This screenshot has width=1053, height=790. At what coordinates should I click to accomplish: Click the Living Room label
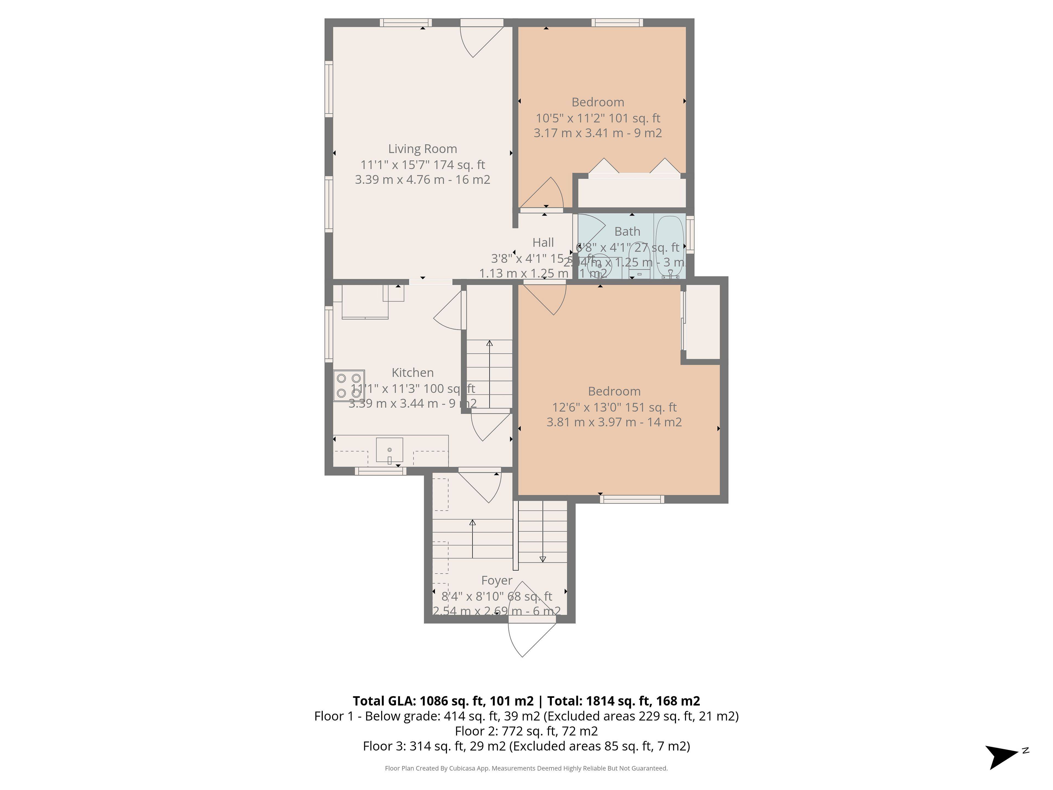(x=422, y=149)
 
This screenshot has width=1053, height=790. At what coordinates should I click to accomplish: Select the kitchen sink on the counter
(x=389, y=450)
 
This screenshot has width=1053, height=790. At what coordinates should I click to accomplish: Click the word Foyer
(x=497, y=580)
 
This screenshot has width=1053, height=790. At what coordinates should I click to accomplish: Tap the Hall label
(x=543, y=242)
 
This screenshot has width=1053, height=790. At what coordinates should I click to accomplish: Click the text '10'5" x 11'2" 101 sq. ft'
(x=598, y=118)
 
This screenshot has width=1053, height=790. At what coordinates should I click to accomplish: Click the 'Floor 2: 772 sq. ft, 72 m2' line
(x=526, y=731)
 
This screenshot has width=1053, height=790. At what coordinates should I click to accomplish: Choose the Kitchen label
(x=412, y=373)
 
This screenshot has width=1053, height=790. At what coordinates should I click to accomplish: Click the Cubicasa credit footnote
(x=526, y=768)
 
